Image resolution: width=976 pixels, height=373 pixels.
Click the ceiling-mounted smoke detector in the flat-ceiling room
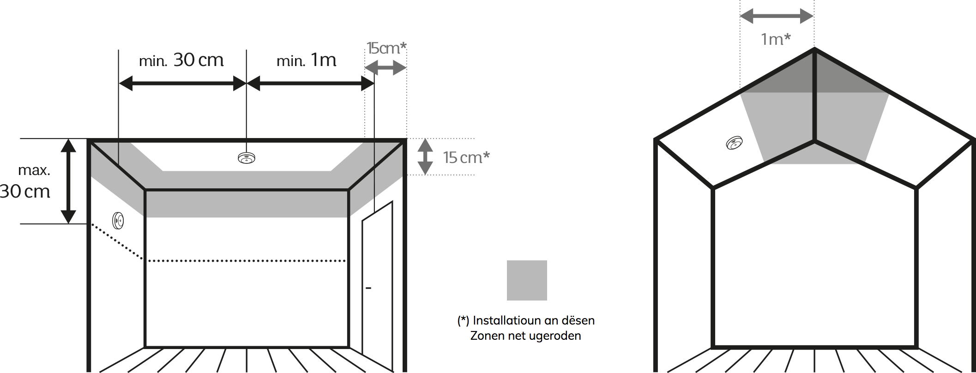[247, 158]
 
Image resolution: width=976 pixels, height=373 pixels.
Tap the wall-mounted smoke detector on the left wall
[118, 220]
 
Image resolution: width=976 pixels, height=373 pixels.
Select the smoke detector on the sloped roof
[734, 143]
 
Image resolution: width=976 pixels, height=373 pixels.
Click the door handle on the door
[368, 289]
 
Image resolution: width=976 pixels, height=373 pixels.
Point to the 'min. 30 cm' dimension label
[181, 60]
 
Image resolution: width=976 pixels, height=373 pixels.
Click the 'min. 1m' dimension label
[307, 60]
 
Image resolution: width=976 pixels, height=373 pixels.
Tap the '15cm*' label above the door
[386, 48]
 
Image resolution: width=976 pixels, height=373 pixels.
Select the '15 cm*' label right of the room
[466, 157]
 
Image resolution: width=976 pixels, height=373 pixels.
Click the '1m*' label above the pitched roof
[776, 39]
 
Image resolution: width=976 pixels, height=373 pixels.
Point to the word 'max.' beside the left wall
[34, 170]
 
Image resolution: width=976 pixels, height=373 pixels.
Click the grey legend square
[527, 280]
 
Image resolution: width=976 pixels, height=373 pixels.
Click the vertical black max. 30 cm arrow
[68, 181]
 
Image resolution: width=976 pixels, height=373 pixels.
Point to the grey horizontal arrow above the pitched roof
[777, 17]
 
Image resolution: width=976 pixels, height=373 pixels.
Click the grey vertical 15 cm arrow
[425, 156]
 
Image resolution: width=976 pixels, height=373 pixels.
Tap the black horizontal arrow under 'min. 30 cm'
[182, 84]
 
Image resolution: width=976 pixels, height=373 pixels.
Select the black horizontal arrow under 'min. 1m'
[310, 84]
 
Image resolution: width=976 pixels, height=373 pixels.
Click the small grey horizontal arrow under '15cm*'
[386, 68]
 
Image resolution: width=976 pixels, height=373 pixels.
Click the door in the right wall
[377, 286]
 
